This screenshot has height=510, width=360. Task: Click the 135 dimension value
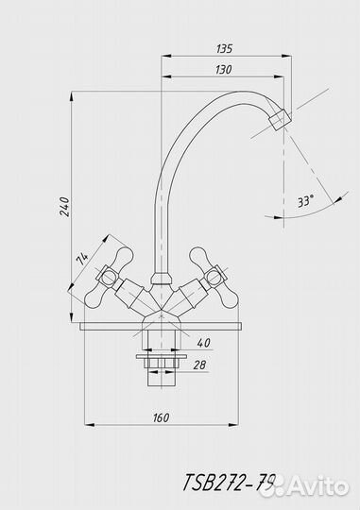224,48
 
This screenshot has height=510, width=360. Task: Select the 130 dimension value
224,69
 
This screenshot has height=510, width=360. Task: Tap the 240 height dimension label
64,207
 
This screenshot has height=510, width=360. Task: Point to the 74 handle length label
81,259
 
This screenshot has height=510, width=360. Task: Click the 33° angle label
306,201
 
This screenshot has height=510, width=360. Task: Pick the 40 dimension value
203,343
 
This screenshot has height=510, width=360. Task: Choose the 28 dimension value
199,365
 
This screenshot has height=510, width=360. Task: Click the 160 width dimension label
161,417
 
